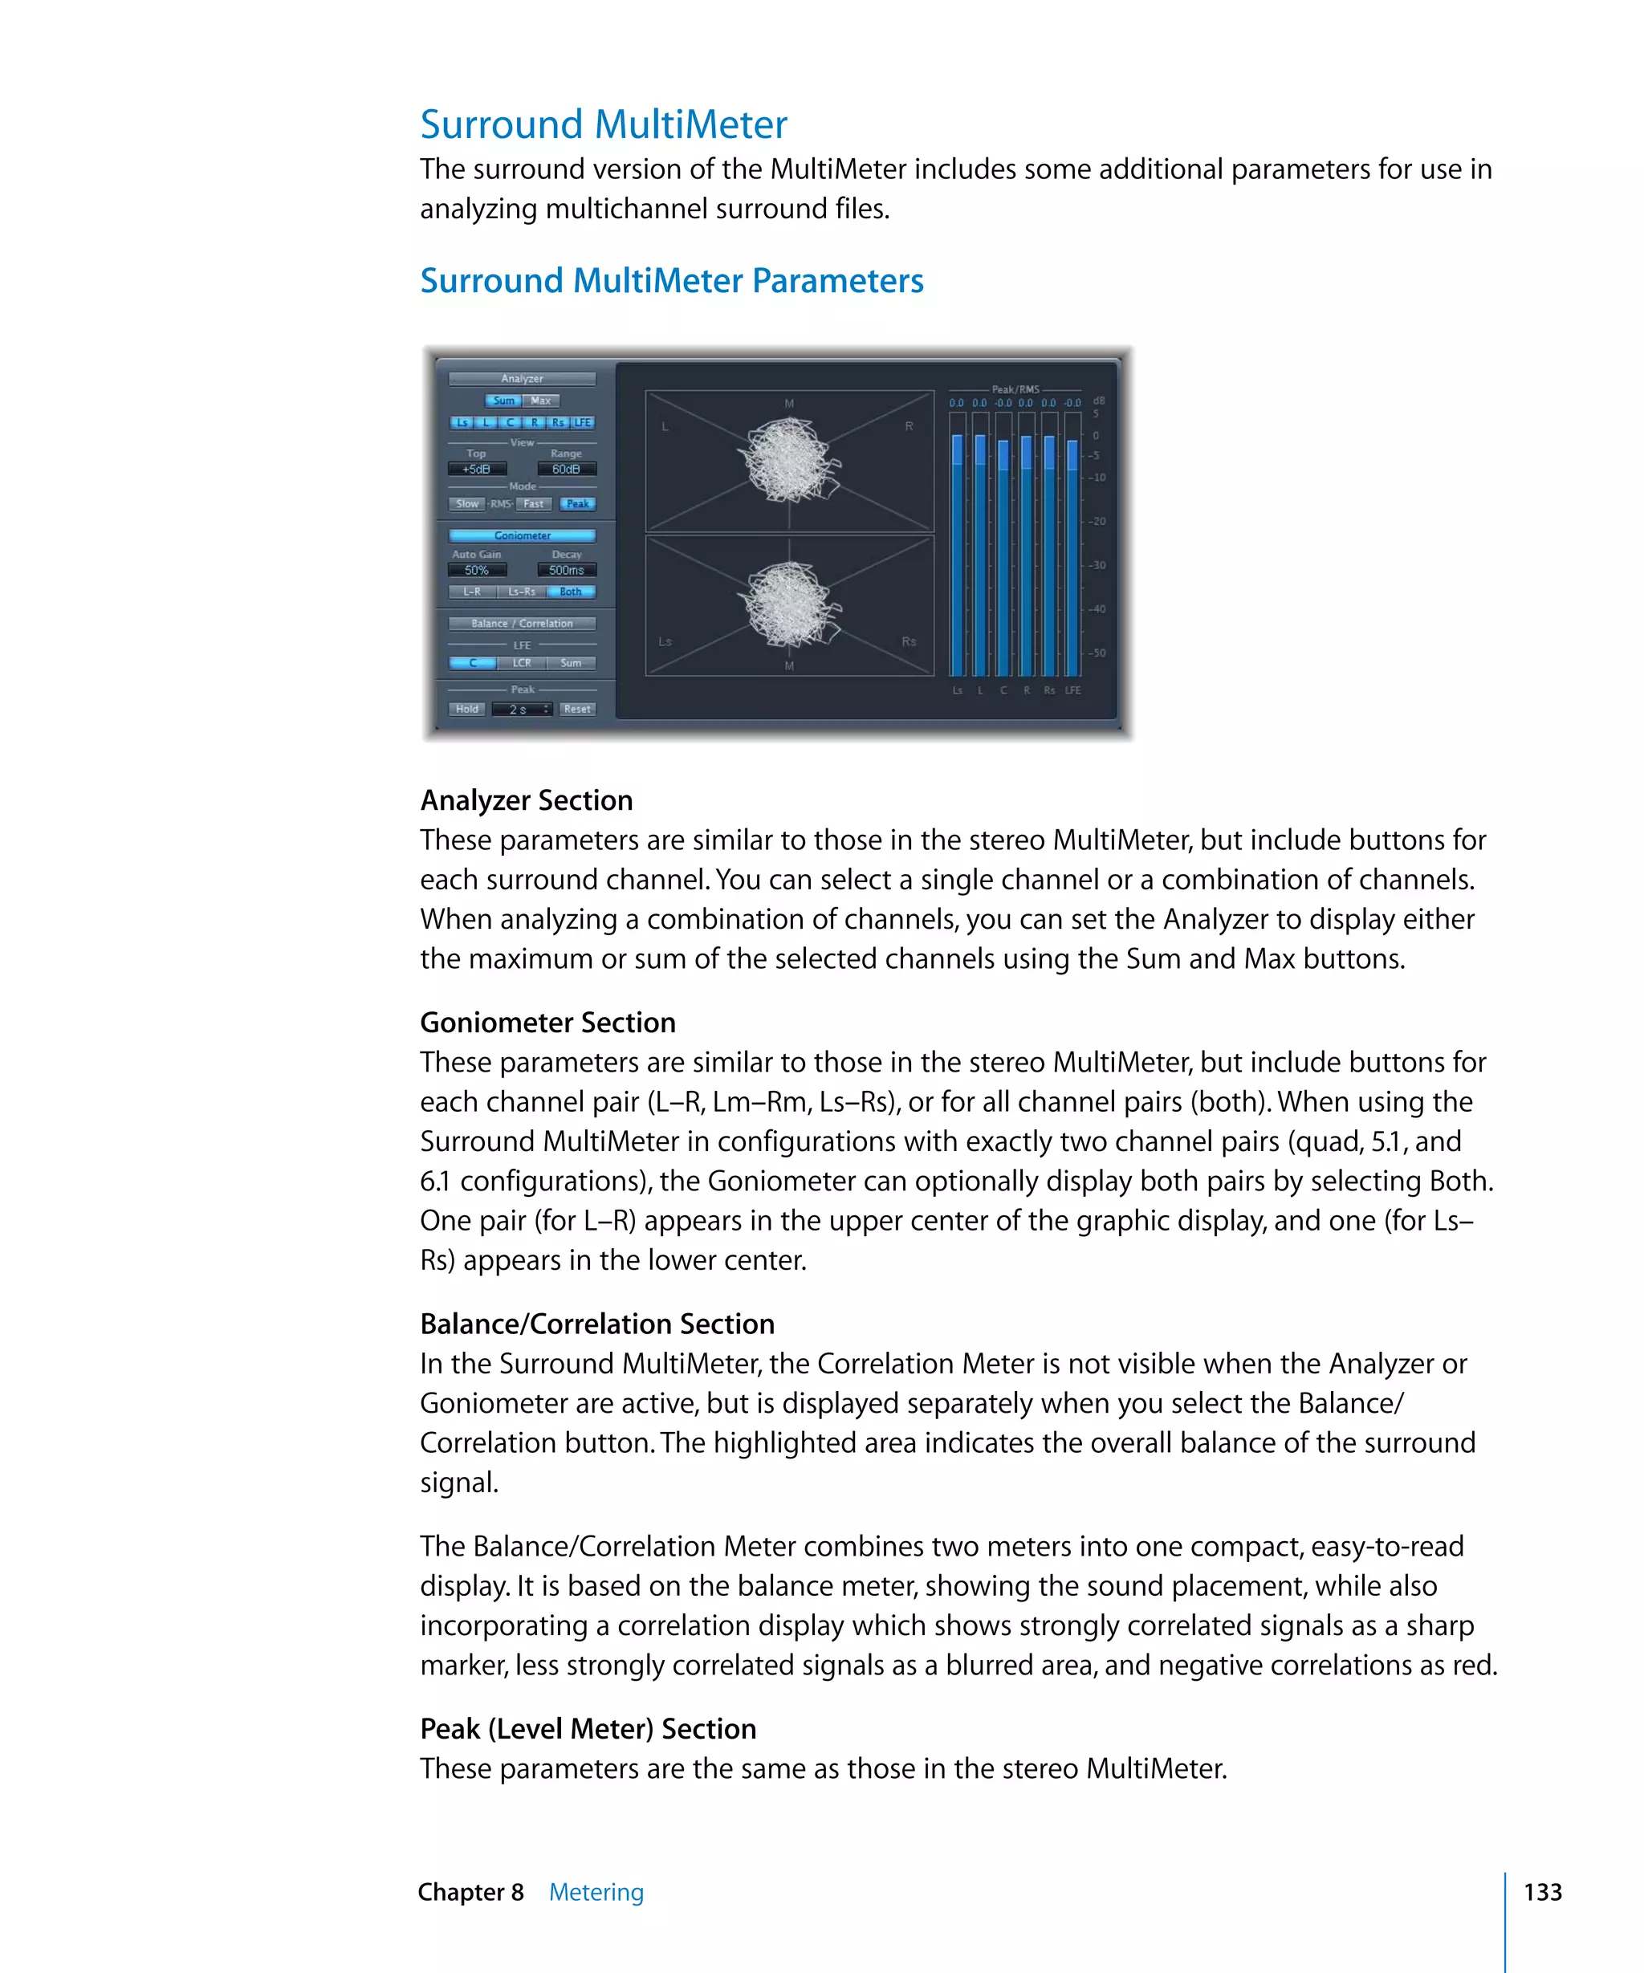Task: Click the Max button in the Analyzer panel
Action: tap(540, 401)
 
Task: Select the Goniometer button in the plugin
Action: tap(523, 535)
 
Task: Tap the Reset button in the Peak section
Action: tap(577, 710)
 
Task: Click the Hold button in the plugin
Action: tap(467, 710)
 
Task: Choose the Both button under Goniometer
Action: tap(570, 592)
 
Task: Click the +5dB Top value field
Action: tap(478, 469)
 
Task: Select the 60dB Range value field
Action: tap(567, 469)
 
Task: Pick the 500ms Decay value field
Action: tap(567, 570)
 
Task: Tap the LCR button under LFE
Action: tap(522, 663)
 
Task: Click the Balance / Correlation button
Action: tap(523, 624)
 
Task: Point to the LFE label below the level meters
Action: tap(1072, 690)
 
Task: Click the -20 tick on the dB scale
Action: tap(1097, 522)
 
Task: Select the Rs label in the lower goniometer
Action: tap(909, 641)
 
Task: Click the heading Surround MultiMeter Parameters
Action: tap(672, 281)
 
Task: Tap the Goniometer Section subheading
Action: tap(547, 1022)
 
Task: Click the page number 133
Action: tap(1543, 1892)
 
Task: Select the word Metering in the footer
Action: tap(596, 1892)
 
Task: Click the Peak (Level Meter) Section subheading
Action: tap(588, 1729)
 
